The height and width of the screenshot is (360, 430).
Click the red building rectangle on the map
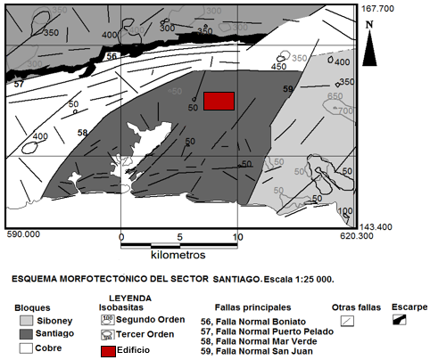[x=219, y=101]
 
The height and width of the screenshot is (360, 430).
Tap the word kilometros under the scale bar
[x=178, y=255]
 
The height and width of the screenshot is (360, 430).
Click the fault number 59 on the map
[x=287, y=90]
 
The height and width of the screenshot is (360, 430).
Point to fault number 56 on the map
[x=112, y=56]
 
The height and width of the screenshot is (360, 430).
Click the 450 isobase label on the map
[x=278, y=67]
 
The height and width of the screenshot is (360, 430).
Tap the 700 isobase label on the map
[x=344, y=110]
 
